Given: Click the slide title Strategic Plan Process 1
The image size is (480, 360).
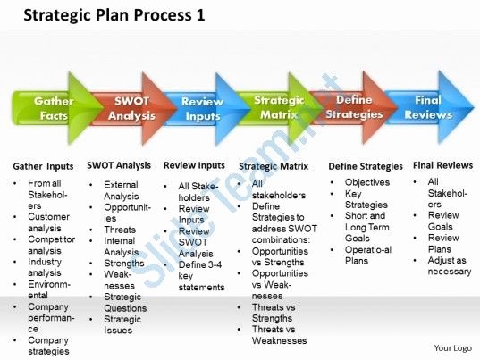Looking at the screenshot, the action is pos(114,15).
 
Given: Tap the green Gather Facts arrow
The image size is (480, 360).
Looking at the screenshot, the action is pos(57,108).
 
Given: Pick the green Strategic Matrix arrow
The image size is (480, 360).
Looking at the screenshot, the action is pos(280,108).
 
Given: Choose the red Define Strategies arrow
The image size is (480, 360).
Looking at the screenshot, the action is pos(354,107).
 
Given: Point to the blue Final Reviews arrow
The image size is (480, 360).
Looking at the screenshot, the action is pos(429,107).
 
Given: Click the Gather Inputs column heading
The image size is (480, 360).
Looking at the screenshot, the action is pos(43,166).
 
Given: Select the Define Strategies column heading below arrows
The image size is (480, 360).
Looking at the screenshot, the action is pos(366,166).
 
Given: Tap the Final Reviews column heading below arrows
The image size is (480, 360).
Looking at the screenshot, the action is pos(443,165).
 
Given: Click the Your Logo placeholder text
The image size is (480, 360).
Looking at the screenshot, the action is pos(453,348).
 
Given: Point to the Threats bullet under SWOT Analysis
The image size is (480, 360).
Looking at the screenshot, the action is pos(120,230).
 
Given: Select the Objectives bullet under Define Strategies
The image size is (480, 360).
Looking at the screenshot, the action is pos(367,182).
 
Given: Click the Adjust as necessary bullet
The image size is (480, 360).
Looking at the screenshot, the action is pos(450,266).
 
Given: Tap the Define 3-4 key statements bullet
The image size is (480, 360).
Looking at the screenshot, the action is pos(201,276).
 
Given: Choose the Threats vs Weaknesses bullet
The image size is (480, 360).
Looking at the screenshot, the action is pos(279,335).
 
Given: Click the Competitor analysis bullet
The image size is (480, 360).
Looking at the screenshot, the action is pos(52,245).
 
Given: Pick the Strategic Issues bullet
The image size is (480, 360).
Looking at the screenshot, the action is pos(122,324).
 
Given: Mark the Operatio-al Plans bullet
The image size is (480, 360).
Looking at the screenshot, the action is pos(368,255).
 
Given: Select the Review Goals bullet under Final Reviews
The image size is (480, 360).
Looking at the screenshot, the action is pos(443,221).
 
